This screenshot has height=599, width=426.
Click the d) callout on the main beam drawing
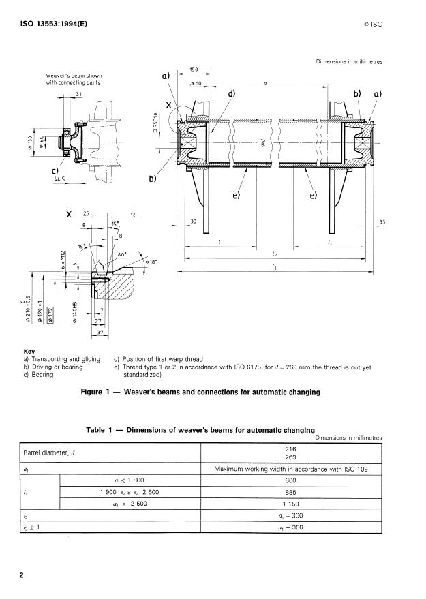coord(232,93)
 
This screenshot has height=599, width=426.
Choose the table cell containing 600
coord(291,480)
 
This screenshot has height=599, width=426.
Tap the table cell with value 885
coord(291,491)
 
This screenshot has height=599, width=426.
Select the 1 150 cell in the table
coord(291,503)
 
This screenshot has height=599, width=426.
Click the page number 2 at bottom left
coord(21,575)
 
